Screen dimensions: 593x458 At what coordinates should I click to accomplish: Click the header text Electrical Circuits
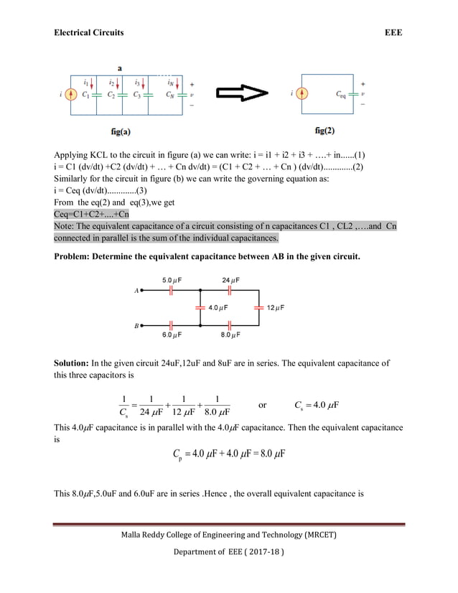click(x=89, y=32)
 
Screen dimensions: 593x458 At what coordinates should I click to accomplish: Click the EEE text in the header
click(x=393, y=32)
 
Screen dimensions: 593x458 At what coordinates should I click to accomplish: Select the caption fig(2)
click(x=324, y=131)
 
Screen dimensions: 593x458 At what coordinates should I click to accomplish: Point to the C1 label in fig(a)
click(x=86, y=94)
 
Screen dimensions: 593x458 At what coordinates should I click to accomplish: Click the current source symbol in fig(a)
click(x=70, y=94)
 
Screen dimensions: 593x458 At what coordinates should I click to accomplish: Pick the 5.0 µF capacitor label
click(x=172, y=279)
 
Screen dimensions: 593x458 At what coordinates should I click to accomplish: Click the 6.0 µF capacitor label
click(x=172, y=335)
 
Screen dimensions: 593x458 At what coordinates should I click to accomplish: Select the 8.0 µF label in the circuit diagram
click(x=230, y=335)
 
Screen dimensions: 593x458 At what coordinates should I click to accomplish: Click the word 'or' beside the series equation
click(x=262, y=405)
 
